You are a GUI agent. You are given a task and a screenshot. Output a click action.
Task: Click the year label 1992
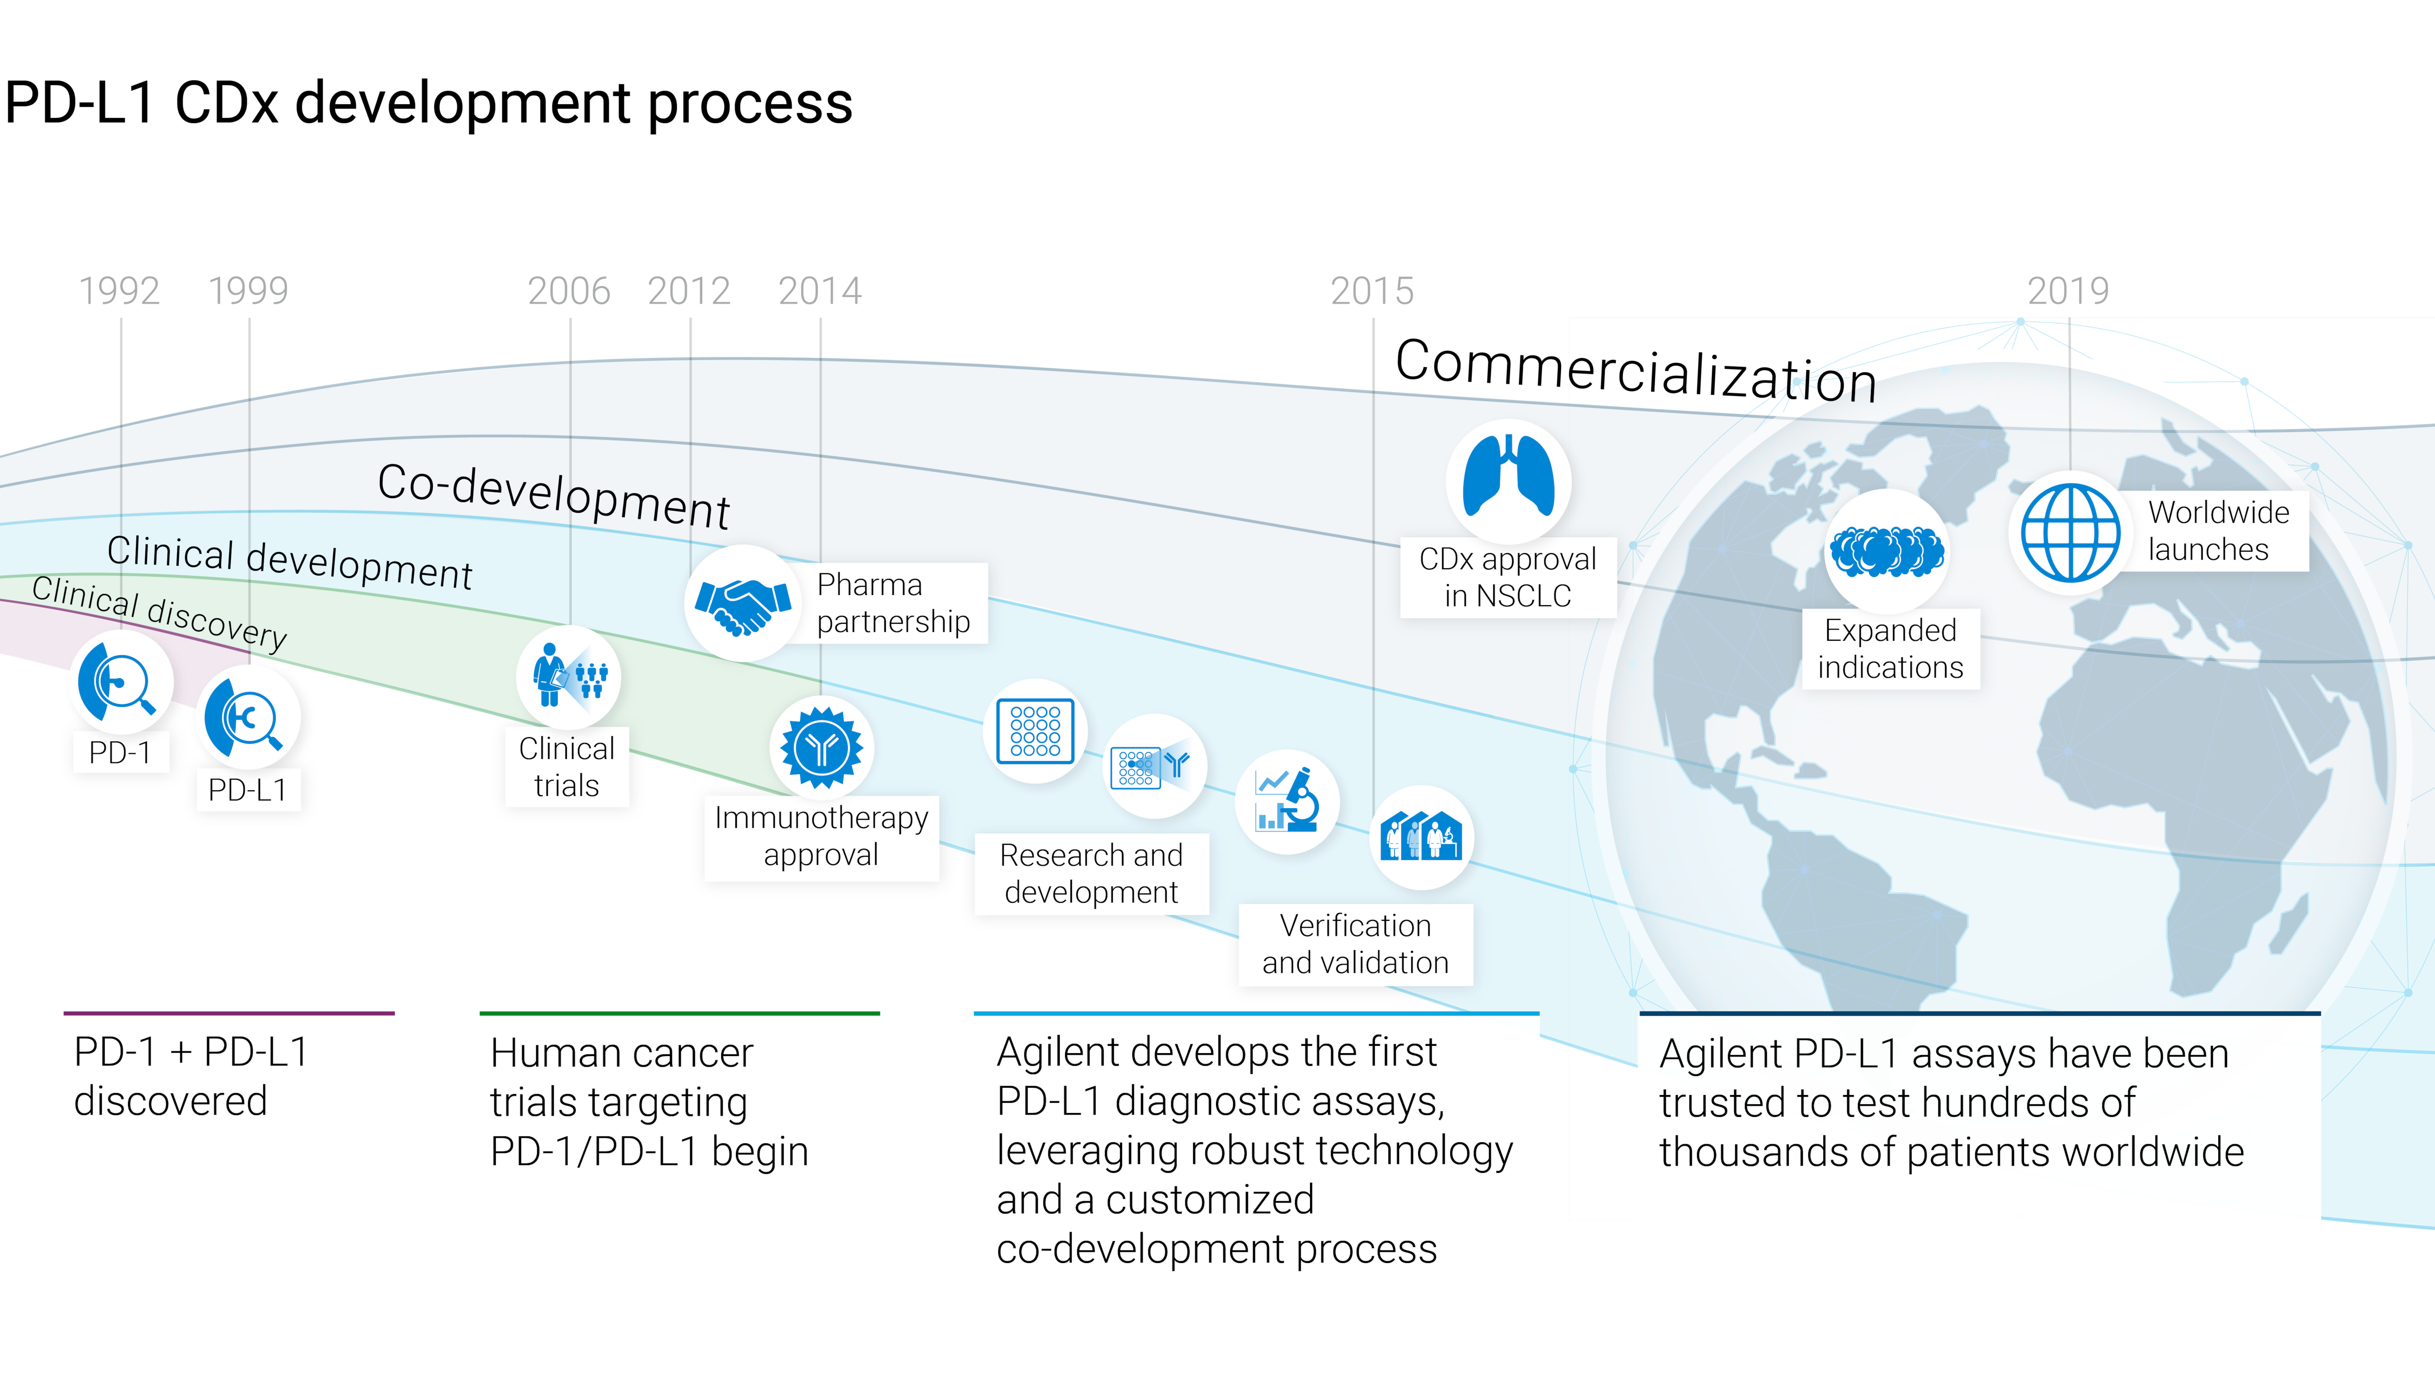[x=120, y=291]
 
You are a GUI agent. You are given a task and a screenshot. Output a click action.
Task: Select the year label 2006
[x=569, y=291]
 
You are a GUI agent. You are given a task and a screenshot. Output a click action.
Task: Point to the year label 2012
[x=689, y=291]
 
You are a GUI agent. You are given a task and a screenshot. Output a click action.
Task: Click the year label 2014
[x=820, y=291]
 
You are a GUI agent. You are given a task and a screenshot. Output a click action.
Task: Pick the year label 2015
[x=1372, y=291]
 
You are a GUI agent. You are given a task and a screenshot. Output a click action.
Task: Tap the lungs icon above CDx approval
[x=1508, y=480]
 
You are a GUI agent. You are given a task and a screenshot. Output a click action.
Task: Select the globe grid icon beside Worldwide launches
[x=2070, y=533]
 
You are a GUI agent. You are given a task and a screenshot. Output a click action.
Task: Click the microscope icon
[x=1288, y=802]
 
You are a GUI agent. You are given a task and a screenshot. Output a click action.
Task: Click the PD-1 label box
[x=121, y=752]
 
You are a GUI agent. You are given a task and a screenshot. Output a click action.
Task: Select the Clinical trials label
[x=566, y=766]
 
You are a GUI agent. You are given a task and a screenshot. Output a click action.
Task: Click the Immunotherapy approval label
[x=821, y=836]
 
